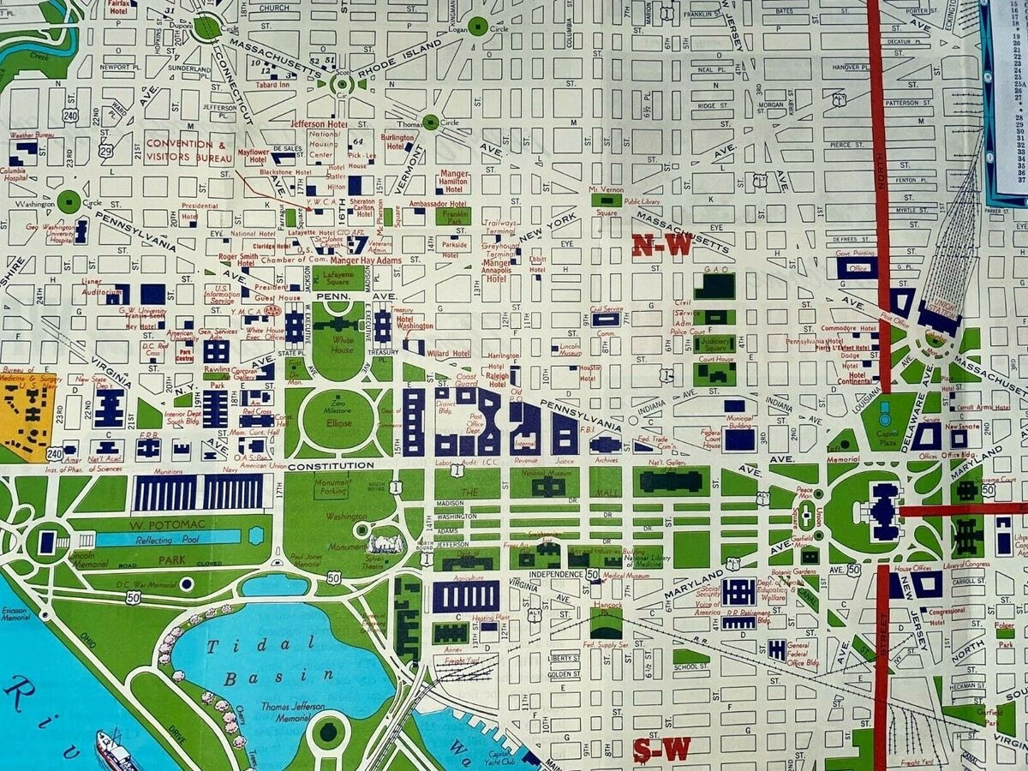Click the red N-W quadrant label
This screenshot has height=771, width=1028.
(661, 246)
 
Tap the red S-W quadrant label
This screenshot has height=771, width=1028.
(661, 750)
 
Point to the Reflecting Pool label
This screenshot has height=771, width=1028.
(167, 538)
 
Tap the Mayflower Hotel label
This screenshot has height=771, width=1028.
(253, 155)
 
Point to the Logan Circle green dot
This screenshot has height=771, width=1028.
(478, 27)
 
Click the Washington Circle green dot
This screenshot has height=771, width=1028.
(69, 202)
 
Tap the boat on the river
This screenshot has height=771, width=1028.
(115, 751)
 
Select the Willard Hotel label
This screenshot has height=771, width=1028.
(449, 353)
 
